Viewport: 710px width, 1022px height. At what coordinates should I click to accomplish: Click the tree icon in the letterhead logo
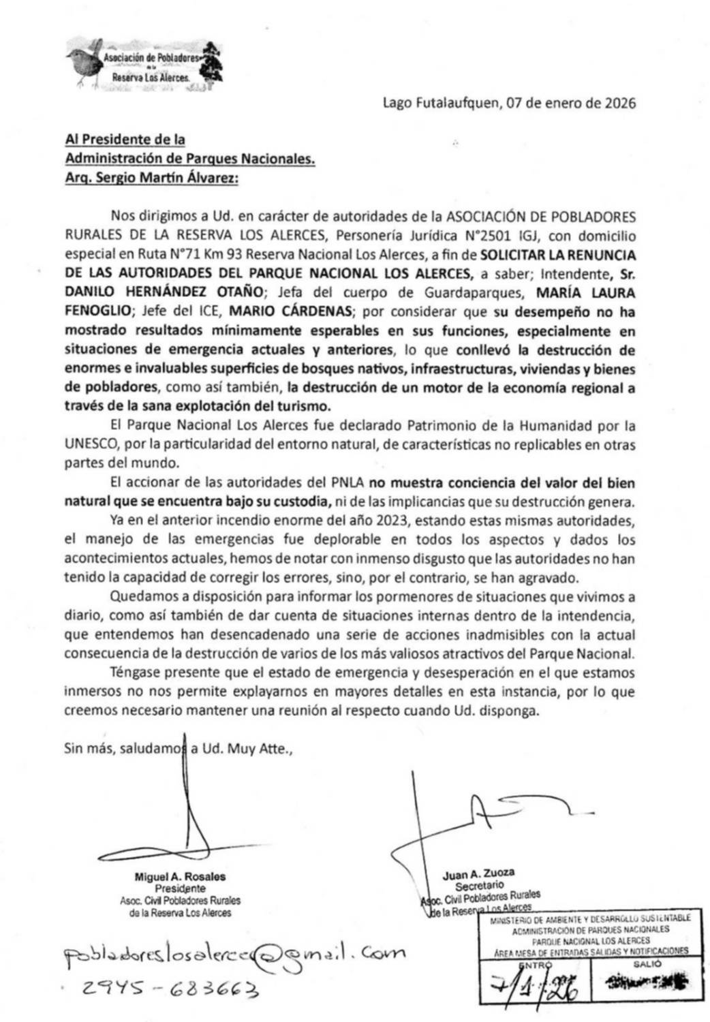215,62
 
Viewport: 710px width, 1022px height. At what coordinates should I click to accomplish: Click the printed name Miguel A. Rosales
180,877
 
